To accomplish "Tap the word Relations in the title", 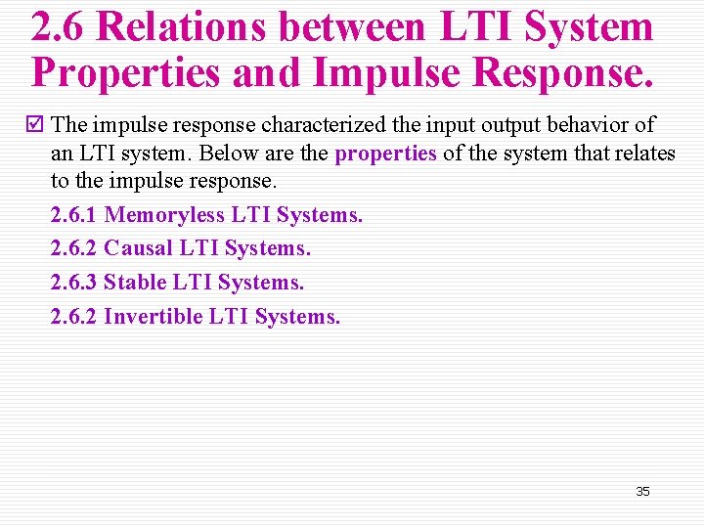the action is [x=181, y=26].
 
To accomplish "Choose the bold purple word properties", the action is [x=385, y=154].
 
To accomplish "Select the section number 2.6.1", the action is [x=73, y=215].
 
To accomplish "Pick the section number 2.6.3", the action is [x=73, y=284].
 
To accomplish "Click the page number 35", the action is [x=642, y=491].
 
